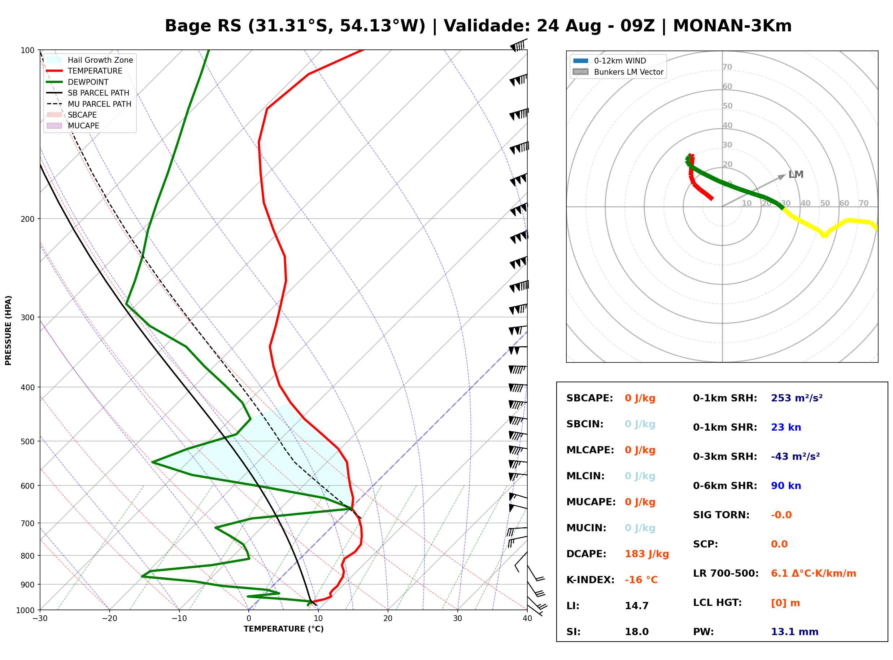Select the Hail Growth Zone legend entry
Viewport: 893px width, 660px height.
point(90,60)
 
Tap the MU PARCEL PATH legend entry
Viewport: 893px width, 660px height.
point(89,104)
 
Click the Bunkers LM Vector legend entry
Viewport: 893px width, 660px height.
point(618,72)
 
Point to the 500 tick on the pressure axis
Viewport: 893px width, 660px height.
point(27,441)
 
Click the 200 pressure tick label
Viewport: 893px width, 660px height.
point(27,219)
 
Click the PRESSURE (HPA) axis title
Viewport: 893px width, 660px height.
point(8,330)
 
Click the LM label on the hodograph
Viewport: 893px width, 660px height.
point(796,175)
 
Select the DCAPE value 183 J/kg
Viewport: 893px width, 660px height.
point(647,554)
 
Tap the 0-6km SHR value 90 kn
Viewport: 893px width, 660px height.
point(786,485)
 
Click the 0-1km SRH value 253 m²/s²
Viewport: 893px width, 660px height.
point(797,398)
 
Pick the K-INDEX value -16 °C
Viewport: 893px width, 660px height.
point(641,580)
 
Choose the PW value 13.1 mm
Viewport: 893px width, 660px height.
point(795,632)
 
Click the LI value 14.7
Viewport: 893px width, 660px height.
point(636,606)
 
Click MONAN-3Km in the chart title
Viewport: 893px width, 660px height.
point(732,26)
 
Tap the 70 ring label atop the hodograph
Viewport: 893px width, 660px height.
point(727,67)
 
